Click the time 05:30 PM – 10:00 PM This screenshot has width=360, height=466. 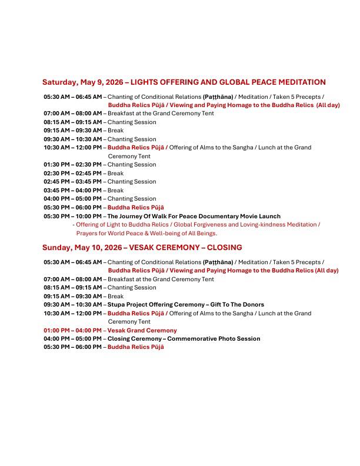click(72, 216)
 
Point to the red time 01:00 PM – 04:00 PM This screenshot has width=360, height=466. click(72, 331)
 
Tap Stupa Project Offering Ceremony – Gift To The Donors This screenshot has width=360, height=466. click(185, 305)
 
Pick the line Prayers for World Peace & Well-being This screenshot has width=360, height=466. click(146, 233)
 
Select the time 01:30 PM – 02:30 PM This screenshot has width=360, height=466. click(72, 165)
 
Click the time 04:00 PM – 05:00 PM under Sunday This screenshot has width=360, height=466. click(72, 339)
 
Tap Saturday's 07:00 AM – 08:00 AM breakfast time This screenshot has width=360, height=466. click(72, 114)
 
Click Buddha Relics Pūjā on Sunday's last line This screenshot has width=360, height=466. click(135, 347)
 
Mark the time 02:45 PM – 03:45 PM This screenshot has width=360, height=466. click(72, 182)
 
